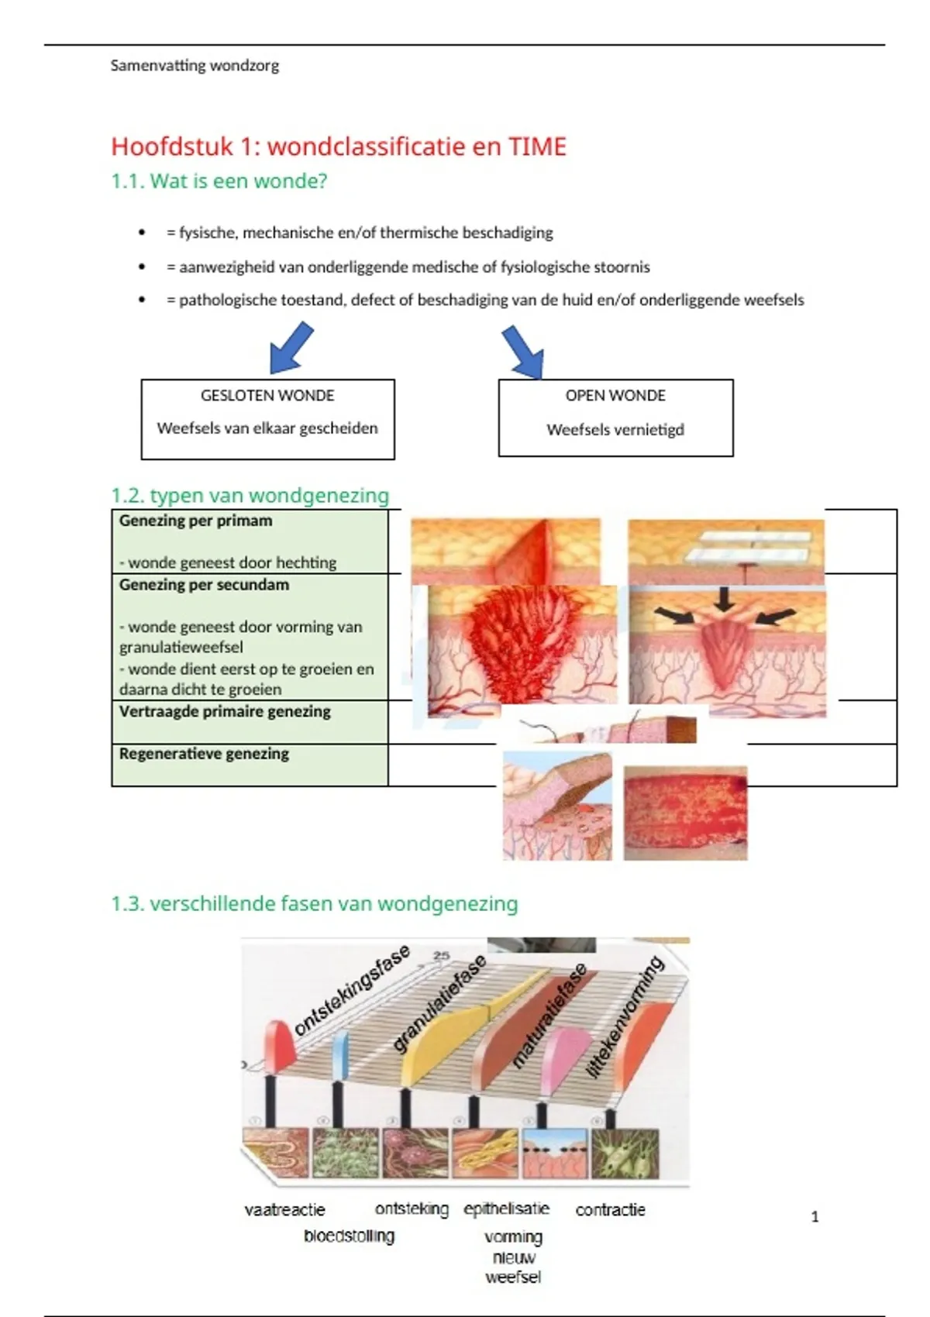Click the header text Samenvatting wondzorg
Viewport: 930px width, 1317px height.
click(195, 66)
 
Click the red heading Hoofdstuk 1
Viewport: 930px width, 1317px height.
click(339, 146)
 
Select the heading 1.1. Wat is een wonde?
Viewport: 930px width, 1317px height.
click(219, 181)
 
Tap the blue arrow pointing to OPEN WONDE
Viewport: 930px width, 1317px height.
click(524, 351)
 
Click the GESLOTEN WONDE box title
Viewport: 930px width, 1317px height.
click(267, 396)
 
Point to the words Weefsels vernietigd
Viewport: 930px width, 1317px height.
click(615, 430)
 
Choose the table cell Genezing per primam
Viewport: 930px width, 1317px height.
click(196, 521)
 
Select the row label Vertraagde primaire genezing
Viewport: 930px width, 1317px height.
click(225, 712)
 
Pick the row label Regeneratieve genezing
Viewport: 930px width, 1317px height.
click(204, 754)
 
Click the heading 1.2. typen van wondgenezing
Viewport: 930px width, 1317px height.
click(250, 496)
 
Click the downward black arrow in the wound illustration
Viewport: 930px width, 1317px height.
click(725, 599)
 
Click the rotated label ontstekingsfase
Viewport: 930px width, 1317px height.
click(352, 991)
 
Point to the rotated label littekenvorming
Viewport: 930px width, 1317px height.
click(626, 1016)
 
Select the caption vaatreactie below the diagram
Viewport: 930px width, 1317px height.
click(284, 1210)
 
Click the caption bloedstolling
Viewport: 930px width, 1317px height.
click(349, 1236)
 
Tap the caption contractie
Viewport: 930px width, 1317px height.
click(610, 1210)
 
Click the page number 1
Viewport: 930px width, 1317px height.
click(815, 1217)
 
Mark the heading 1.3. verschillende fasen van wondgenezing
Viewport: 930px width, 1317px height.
click(314, 904)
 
